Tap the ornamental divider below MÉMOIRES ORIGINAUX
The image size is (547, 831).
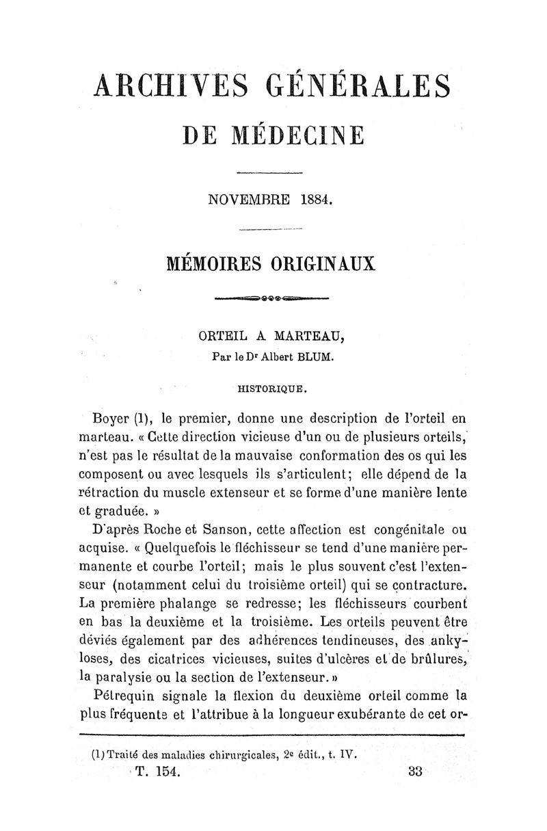(272, 300)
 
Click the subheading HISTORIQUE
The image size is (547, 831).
(271, 391)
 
